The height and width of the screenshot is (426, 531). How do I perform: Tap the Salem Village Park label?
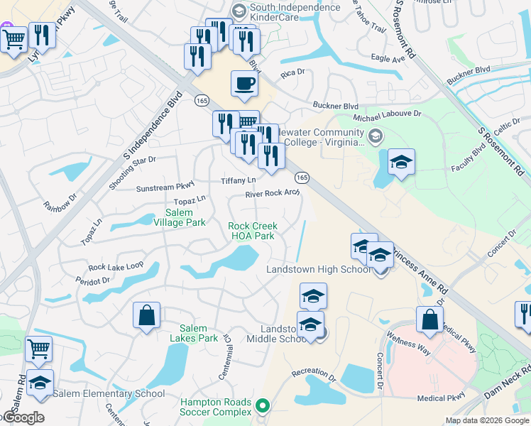tap(185, 217)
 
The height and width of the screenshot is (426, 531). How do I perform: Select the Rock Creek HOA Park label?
tap(251, 231)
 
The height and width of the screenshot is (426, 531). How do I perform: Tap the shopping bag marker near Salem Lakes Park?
tap(146, 316)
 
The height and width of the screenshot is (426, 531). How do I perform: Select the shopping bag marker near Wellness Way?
tap(429, 319)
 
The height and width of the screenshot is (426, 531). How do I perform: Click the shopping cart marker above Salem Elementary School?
tap(38, 349)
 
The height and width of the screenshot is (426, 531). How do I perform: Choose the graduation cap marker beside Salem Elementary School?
tap(40, 383)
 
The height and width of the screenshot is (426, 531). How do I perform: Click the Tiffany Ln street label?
tap(239, 180)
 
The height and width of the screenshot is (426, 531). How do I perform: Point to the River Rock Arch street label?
tap(273, 193)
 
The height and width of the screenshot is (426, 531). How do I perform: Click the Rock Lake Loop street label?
tap(116, 267)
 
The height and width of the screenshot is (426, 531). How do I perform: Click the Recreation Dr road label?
tap(313, 372)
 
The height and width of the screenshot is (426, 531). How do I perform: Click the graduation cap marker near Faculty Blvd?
tap(401, 163)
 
